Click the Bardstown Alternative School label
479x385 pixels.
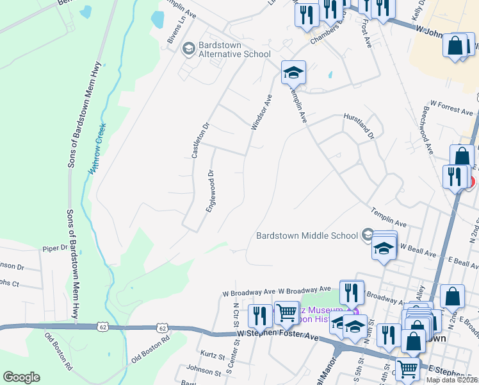(x=234, y=50)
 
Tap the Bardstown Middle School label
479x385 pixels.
(x=307, y=235)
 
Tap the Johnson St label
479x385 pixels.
(x=204, y=370)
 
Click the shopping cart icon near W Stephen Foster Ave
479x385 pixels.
(x=286, y=313)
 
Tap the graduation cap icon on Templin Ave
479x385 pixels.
(x=293, y=72)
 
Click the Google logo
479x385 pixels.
(x=21, y=377)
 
